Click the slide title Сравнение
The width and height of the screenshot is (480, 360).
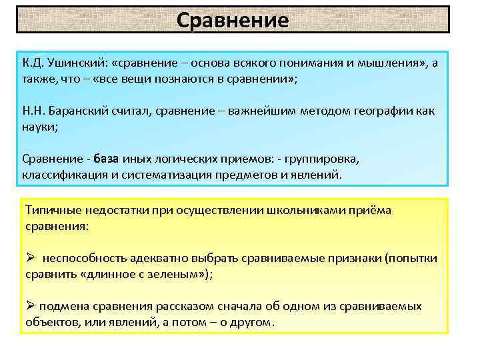click(233, 19)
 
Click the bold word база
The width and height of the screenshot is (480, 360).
click(106, 159)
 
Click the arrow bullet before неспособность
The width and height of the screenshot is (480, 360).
click(30, 258)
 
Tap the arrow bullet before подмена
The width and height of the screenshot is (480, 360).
click(30, 307)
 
